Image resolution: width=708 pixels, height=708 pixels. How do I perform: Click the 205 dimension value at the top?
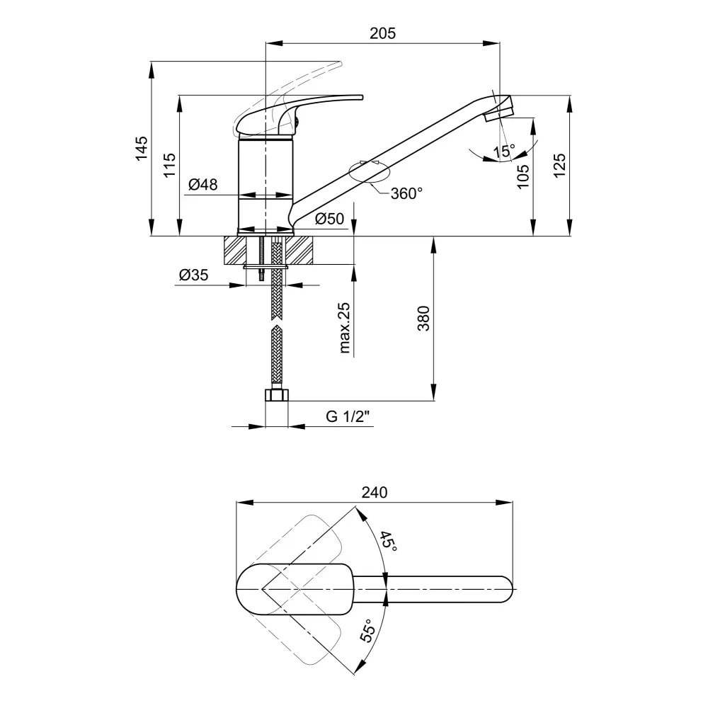(x=382, y=33)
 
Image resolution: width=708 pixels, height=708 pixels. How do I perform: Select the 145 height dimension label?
(x=142, y=148)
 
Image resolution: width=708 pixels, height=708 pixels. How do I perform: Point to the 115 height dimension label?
(x=170, y=165)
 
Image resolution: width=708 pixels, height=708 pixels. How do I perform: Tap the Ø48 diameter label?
(x=202, y=184)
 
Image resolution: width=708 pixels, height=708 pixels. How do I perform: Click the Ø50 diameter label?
(x=330, y=219)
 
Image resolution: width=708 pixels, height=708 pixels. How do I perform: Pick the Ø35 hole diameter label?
(x=194, y=275)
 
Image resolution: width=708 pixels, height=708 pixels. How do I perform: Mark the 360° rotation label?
(x=406, y=193)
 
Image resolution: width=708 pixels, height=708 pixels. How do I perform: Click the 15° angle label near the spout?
(x=503, y=152)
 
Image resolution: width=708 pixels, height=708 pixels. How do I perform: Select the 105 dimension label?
(x=523, y=176)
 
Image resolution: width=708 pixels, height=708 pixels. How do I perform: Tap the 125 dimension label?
(x=560, y=166)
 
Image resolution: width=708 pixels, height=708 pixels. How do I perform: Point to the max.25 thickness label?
(x=344, y=328)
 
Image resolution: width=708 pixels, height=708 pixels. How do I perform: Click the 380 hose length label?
(x=423, y=319)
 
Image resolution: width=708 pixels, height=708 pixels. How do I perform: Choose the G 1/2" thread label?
(x=348, y=416)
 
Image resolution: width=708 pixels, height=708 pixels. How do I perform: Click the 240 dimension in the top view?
(x=375, y=492)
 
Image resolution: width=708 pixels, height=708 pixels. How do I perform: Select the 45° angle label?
(x=388, y=542)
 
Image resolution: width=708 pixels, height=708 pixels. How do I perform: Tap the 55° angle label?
(x=368, y=630)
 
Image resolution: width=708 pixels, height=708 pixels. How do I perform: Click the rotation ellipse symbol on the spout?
(x=370, y=173)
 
